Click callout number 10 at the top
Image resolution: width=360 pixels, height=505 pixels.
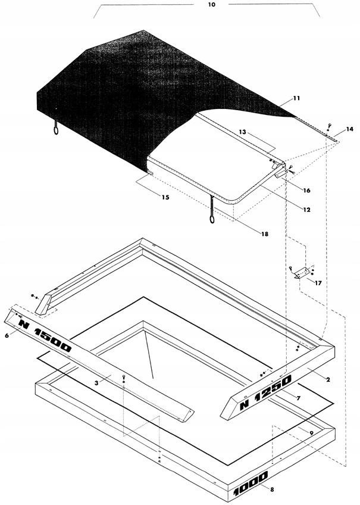coord(211,5)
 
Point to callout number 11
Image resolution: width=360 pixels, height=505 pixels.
coord(296,98)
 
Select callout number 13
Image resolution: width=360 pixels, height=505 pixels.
coord(242,132)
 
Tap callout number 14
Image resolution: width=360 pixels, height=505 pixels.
coord(349,129)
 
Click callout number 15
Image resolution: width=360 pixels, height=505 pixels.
coord(165,197)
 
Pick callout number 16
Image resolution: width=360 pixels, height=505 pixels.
coord(306,191)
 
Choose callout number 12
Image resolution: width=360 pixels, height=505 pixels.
coord(306,210)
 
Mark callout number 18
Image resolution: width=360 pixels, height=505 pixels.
coord(264,234)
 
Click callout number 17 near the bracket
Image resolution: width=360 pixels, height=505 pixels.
coord(318,283)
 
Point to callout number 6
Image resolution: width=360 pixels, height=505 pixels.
coord(7,335)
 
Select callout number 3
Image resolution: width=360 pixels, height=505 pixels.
coord(96,382)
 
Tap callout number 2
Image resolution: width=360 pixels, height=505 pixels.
coord(328,380)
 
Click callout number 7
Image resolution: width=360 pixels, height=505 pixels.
coord(298,399)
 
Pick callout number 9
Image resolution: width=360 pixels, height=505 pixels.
coord(311,433)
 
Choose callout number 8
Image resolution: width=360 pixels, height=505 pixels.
coord(272,490)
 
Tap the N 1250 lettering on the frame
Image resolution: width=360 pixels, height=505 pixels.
coord(265,393)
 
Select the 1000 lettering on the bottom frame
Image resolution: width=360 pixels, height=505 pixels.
coord(251,484)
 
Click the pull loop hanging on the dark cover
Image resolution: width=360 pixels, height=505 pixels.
coord(57,129)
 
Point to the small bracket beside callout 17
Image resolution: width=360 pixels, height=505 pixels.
coord(301,272)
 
